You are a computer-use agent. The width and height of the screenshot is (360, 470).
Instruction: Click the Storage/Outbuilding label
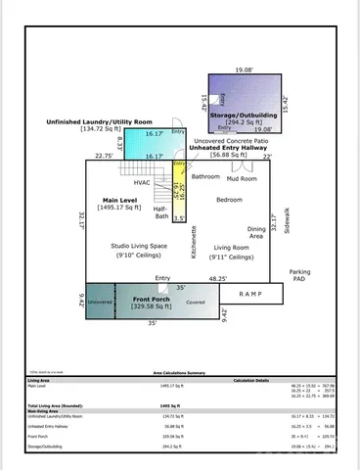(245, 116)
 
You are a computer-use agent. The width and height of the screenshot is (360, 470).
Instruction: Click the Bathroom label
(205, 177)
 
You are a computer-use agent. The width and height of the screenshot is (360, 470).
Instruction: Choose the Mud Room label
(242, 179)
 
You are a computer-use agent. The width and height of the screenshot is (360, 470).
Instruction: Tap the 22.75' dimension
(103, 155)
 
